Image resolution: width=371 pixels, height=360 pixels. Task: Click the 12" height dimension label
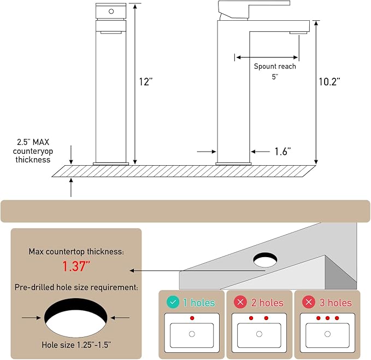tap(146, 82)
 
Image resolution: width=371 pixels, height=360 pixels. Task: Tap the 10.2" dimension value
tap(329, 82)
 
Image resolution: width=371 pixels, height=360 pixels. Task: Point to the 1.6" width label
tap(282, 152)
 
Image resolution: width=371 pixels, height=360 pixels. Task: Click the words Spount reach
tap(275, 67)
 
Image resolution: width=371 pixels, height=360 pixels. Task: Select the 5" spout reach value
tap(275, 77)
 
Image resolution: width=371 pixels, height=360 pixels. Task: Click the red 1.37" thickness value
tap(76, 266)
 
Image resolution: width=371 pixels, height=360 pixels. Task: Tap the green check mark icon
tap(173, 302)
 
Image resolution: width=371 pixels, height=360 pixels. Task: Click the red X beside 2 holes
tap(240, 302)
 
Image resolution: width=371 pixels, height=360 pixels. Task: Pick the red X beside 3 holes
tap(309, 302)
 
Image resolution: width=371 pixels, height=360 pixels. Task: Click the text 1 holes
tap(199, 303)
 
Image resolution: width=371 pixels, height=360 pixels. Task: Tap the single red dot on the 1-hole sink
tap(192, 318)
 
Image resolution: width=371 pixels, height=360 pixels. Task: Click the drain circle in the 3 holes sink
tap(327, 334)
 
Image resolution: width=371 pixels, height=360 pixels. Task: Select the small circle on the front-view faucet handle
tap(111, 11)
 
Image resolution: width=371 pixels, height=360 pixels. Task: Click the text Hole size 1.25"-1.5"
tap(76, 345)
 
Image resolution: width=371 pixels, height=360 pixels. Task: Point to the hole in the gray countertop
tap(265, 260)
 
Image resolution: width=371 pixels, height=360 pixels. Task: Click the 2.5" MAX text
tap(33, 142)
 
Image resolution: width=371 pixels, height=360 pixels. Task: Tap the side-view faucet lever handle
tap(254, 9)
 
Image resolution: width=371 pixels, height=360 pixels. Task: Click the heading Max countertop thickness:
tap(76, 252)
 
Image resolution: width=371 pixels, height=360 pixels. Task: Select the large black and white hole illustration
tap(76, 318)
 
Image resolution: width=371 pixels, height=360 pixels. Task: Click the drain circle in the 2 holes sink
tap(260, 334)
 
